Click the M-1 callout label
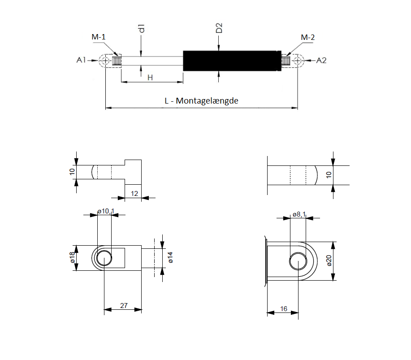[x=99, y=37]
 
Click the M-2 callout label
[x=308, y=38]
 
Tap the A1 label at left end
[x=81, y=60]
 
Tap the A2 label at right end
[x=321, y=61]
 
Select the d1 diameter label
[x=142, y=28]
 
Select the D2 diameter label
[x=219, y=28]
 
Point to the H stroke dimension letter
[x=150, y=78]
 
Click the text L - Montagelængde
[x=202, y=101]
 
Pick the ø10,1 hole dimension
[x=106, y=211]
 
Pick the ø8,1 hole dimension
[x=299, y=214]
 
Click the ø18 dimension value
[x=72, y=257]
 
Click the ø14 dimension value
[x=170, y=257]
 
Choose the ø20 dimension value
[x=329, y=260]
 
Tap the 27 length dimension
[x=124, y=305]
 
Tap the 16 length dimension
[x=284, y=308]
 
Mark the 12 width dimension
[x=134, y=194]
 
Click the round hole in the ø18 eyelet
[x=104, y=258]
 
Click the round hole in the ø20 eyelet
[x=299, y=261]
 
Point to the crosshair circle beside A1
[x=105, y=61]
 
